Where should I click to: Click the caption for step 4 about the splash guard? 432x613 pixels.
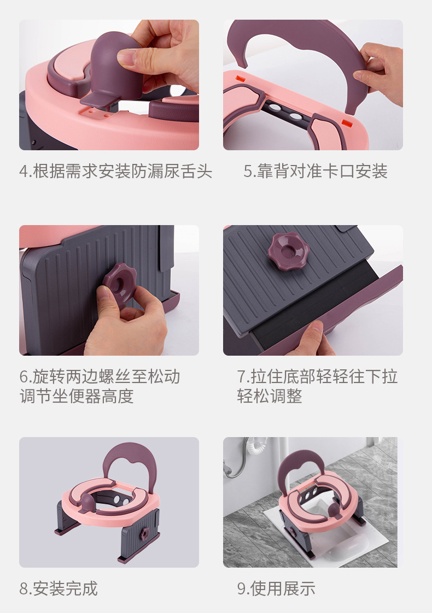115,172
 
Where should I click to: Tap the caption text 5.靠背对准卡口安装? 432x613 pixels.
316,172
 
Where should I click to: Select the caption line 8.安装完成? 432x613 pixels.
59,588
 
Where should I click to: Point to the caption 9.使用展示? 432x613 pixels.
276,588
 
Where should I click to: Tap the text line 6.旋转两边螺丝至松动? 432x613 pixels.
100,376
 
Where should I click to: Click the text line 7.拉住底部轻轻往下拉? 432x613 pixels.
317,376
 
